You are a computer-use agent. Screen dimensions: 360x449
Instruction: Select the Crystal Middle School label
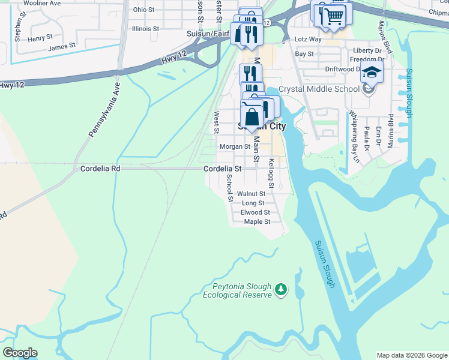[x=327, y=89]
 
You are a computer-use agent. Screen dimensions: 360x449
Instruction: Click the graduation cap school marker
[x=372, y=74]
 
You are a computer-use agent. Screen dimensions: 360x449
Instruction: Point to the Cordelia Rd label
[x=100, y=169]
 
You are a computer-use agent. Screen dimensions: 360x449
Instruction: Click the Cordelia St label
[x=222, y=169]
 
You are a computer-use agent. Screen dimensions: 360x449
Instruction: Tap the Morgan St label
[x=235, y=146]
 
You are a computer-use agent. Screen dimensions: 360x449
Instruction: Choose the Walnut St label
[x=251, y=194]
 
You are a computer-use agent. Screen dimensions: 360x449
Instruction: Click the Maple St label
[x=258, y=221]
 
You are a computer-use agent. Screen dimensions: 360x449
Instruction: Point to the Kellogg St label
[x=271, y=173]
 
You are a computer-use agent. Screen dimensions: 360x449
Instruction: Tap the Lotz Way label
[x=309, y=39]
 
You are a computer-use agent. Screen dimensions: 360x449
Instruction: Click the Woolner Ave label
[x=43, y=4]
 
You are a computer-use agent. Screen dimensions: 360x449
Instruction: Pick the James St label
[x=62, y=46]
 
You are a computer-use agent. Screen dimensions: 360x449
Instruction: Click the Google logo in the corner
[x=20, y=352]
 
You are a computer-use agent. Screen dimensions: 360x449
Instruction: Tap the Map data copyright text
[x=411, y=355]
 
